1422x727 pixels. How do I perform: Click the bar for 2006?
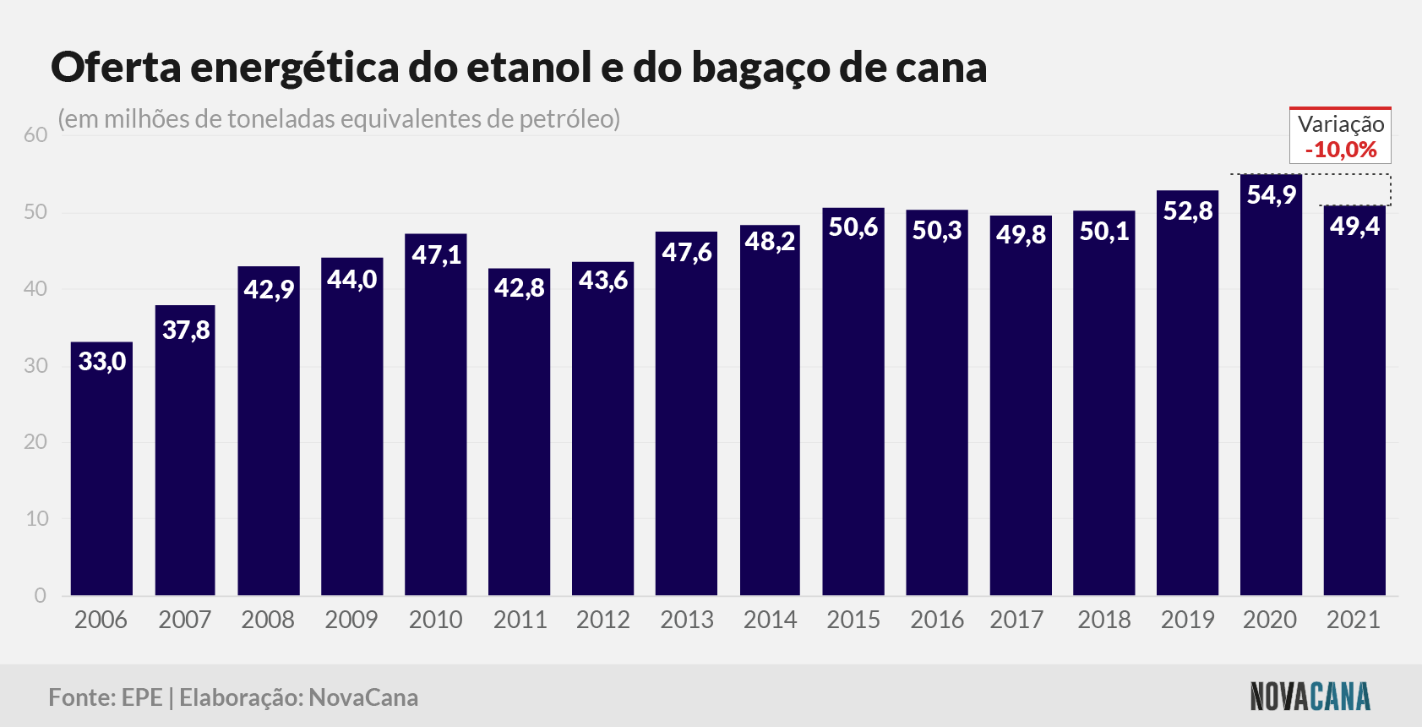(x=101, y=468)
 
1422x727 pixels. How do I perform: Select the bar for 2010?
(x=435, y=414)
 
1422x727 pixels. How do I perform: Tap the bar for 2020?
(x=1271, y=385)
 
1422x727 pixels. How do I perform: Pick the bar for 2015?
(x=853, y=402)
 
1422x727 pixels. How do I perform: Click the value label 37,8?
(x=186, y=331)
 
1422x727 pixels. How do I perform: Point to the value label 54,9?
(x=1271, y=195)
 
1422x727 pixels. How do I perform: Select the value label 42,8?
(x=520, y=288)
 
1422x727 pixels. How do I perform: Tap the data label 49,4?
(x=1354, y=226)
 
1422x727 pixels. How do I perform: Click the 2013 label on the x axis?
(x=687, y=620)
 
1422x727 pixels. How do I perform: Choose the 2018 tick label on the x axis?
(x=1104, y=620)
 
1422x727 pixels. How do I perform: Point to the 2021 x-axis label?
(x=1354, y=620)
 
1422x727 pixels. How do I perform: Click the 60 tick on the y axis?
(x=35, y=135)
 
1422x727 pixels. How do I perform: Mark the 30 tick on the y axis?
(x=35, y=366)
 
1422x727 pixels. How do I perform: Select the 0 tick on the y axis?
(x=41, y=596)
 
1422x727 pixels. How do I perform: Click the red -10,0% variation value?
(x=1341, y=150)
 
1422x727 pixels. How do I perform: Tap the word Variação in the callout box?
(x=1341, y=123)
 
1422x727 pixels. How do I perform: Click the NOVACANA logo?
(x=1310, y=697)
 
